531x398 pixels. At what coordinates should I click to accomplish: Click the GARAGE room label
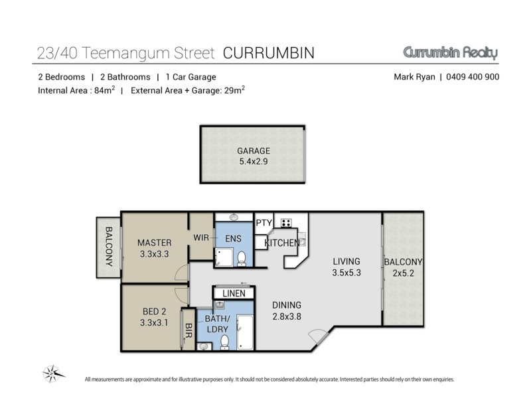[x=254, y=151]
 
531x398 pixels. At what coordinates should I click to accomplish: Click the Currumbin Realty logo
[x=451, y=53]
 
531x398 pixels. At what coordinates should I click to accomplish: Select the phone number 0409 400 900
[x=473, y=77]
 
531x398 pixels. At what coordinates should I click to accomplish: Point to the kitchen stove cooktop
[x=286, y=223]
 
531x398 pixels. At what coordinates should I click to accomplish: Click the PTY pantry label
[x=264, y=223]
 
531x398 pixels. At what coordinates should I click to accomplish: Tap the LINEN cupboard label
[x=234, y=293]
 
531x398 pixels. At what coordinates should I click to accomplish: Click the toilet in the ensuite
[x=242, y=259]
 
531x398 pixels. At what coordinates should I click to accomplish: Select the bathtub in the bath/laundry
[x=244, y=332]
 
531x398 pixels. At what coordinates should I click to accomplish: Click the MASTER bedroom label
[x=155, y=243]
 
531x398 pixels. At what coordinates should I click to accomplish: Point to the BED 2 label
[x=155, y=311]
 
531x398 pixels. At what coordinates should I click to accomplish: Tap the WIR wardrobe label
[x=201, y=237]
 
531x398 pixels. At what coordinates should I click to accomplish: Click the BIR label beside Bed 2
[x=189, y=330]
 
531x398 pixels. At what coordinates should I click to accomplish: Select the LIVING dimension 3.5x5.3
[x=346, y=273]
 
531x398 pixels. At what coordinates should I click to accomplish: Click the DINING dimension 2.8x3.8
[x=287, y=317]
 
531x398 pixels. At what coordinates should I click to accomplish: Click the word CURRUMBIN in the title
[x=269, y=53]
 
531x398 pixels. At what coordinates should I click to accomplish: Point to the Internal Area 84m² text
[x=76, y=90]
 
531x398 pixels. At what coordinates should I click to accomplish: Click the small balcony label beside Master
[x=109, y=246]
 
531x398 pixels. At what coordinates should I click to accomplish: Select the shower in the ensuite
[x=224, y=257]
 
